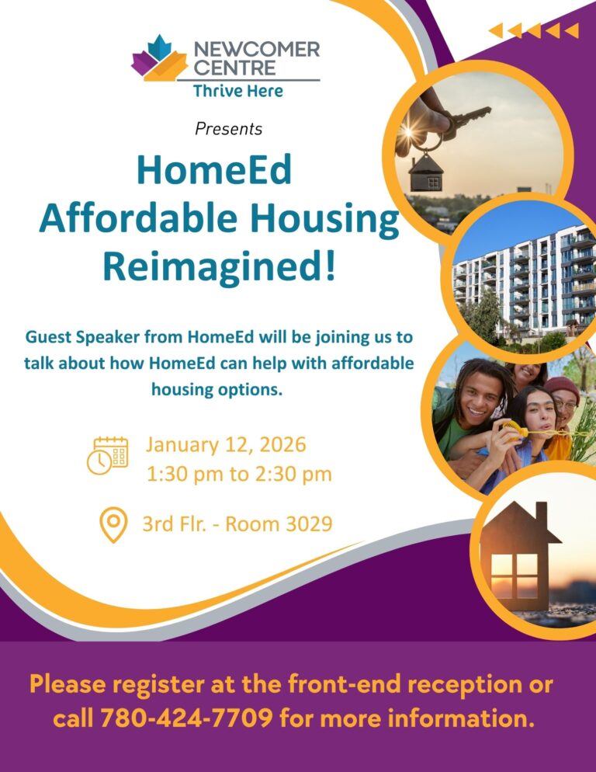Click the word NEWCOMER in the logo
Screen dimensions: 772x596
click(x=256, y=50)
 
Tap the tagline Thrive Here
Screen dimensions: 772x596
click(x=237, y=91)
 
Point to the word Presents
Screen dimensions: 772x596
click(x=228, y=128)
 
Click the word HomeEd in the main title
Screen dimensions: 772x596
click(x=214, y=170)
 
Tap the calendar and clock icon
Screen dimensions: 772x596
click(x=107, y=455)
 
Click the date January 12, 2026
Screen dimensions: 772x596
click(x=226, y=445)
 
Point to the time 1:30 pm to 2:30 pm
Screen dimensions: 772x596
click(x=239, y=474)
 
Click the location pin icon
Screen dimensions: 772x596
click(x=114, y=525)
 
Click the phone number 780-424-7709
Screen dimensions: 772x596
click(x=186, y=718)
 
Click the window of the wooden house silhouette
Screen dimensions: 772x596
click(x=517, y=573)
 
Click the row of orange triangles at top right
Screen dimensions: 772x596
click(x=533, y=30)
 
